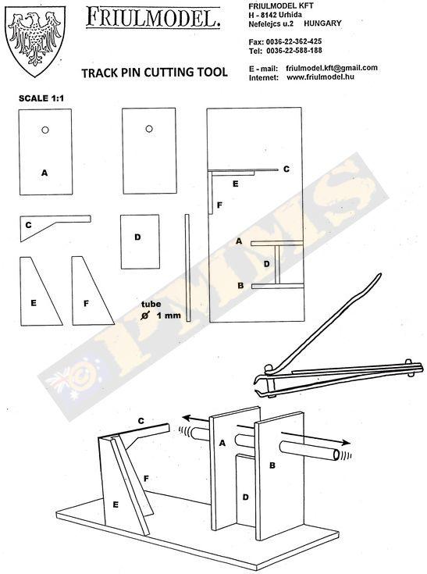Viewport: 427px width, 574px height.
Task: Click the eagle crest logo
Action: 35,40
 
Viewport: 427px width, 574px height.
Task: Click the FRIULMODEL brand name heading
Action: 153,18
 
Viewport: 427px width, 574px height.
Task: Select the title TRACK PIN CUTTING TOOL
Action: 155,73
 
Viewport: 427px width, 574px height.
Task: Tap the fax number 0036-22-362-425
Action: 294,41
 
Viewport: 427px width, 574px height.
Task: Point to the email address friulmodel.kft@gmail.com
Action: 332,68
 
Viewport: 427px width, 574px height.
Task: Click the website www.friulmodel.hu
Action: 320,77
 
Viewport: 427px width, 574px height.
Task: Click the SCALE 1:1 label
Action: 41,98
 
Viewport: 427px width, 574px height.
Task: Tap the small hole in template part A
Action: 45,130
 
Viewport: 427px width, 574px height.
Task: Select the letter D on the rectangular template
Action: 137,237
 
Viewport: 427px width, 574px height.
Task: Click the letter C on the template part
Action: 29,225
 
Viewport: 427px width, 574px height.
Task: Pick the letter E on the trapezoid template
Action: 34,303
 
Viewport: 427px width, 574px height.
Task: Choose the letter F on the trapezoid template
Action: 87,304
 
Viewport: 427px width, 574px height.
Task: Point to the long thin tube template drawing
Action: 187,268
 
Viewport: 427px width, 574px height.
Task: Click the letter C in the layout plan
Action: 286,169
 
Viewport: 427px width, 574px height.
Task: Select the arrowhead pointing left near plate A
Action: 188,418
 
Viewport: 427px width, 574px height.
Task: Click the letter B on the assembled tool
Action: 272,465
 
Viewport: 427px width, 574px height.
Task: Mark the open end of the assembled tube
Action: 336,455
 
